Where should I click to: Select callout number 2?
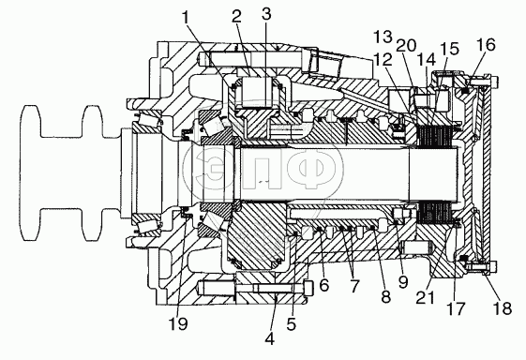pyautogui.click(x=237, y=17)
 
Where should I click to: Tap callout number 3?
pyautogui.click(x=266, y=15)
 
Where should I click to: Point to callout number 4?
pyautogui.click(x=270, y=338)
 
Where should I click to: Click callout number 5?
pyautogui.click(x=292, y=324)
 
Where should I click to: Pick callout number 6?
pyautogui.click(x=324, y=285)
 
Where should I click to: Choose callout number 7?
pyautogui.click(x=354, y=286)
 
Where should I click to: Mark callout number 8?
pyautogui.click(x=386, y=296)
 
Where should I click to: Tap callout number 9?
pyautogui.click(x=403, y=281)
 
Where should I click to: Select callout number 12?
pyautogui.click(x=383, y=60)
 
